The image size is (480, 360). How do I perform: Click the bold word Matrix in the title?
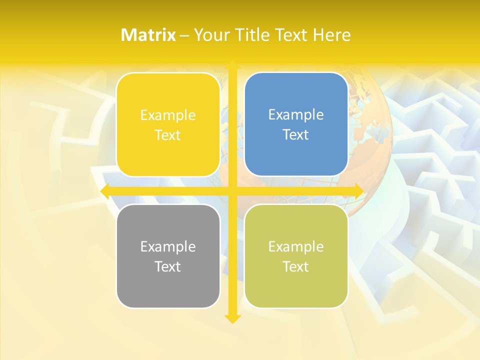pyautogui.click(x=148, y=35)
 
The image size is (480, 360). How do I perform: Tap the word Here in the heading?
pyautogui.click(x=331, y=35)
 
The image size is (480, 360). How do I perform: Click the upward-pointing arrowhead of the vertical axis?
pyautogui.click(x=232, y=65)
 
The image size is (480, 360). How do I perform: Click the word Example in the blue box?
pyautogui.click(x=296, y=114)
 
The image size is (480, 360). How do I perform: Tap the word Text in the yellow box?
pyautogui.click(x=168, y=135)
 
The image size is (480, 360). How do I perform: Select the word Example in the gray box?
pyautogui.click(x=168, y=246)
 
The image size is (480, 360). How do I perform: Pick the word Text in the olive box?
pyautogui.click(x=296, y=266)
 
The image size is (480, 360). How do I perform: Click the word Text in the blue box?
pyautogui.click(x=296, y=134)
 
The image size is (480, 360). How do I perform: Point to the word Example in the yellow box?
pyautogui.click(x=168, y=115)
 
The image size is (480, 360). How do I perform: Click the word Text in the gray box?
pyautogui.click(x=168, y=266)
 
